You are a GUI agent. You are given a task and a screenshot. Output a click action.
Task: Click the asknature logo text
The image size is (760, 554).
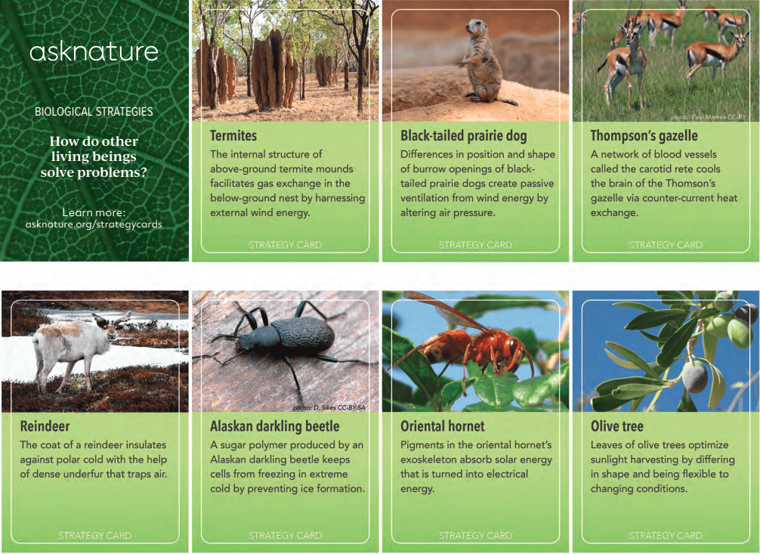(x=94, y=52)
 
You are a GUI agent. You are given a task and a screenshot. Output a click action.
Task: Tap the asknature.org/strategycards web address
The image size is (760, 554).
(x=94, y=224)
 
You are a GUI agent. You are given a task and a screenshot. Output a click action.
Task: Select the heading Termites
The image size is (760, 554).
(x=233, y=136)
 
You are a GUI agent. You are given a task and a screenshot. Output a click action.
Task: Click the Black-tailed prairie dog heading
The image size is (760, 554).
(x=463, y=136)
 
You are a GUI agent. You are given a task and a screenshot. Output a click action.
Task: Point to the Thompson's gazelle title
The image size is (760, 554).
(x=644, y=136)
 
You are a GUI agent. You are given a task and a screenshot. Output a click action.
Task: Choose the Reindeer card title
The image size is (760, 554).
(x=45, y=426)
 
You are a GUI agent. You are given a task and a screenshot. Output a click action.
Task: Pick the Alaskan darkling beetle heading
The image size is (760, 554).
(x=274, y=426)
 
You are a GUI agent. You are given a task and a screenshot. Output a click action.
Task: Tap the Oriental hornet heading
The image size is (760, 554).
(x=442, y=426)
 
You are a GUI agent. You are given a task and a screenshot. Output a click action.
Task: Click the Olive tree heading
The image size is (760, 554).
(x=616, y=426)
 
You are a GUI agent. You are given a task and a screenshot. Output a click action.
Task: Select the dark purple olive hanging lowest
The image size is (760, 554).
(x=694, y=377)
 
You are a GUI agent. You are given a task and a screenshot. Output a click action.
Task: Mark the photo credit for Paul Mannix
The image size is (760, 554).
(x=708, y=117)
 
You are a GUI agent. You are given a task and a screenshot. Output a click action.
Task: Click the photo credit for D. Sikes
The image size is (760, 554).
(x=329, y=407)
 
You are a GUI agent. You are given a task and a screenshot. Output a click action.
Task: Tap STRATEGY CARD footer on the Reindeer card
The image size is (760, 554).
(x=95, y=536)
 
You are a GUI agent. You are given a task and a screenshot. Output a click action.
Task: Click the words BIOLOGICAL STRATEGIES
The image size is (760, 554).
(x=94, y=112)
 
